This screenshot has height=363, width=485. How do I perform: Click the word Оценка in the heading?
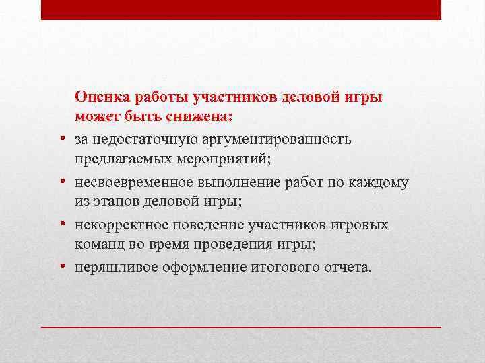[102, 97]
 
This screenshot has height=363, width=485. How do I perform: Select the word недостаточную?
[138, 138]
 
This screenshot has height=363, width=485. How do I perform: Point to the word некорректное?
[119, 225]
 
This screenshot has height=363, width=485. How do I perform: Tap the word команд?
[99, 245]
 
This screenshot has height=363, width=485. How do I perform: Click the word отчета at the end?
[348, 267]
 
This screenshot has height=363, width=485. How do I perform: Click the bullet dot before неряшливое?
[61, 267]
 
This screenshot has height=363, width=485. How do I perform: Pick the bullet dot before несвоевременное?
[61, 182]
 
